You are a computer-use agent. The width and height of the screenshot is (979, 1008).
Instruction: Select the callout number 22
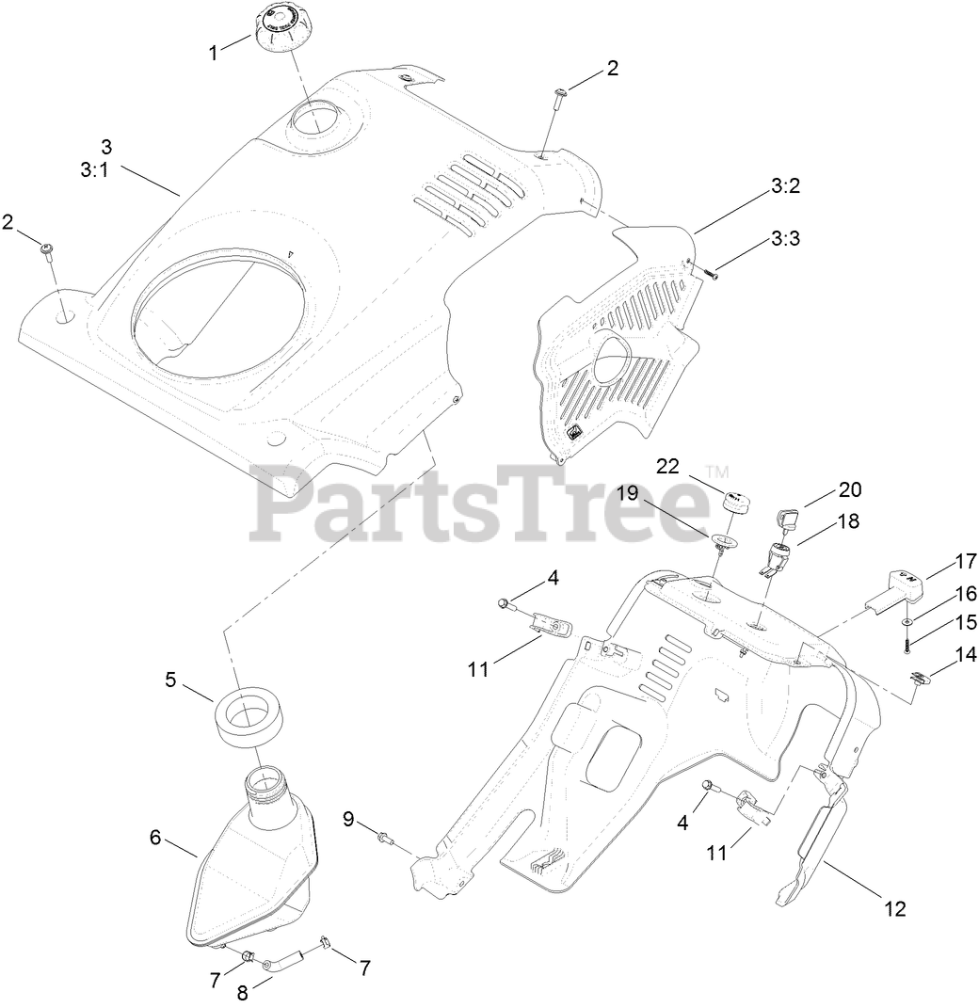click(x=666, y=467)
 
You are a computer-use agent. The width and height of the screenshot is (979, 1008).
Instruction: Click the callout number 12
click(x=894, y=908)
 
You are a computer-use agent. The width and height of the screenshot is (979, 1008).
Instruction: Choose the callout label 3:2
click(x=785, y=186)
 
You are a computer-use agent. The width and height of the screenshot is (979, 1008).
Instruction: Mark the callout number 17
click(x=966, y=561)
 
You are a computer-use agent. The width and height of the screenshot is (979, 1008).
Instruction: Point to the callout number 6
click(x=156, y=835)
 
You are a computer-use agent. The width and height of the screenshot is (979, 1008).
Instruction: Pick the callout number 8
click(x=242, y=991)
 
